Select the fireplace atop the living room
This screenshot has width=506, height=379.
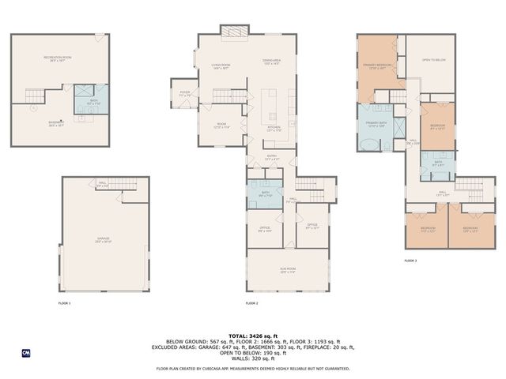point(233,32)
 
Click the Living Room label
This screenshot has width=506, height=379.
point(220,66)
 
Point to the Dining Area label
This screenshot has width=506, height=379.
point(272,62)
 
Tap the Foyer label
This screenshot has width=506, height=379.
point(185,93)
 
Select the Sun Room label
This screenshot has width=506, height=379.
point(287,270)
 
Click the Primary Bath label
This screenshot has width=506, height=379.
point(376,125)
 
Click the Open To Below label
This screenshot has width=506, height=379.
point(432,60)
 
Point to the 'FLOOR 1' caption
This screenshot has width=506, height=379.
point(64,303)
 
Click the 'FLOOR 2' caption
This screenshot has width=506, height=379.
point(251,303)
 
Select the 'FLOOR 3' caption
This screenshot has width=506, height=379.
point(410,260)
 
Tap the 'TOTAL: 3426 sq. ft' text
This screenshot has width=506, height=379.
point(253,335)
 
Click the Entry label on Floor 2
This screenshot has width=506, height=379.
point(271,157)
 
